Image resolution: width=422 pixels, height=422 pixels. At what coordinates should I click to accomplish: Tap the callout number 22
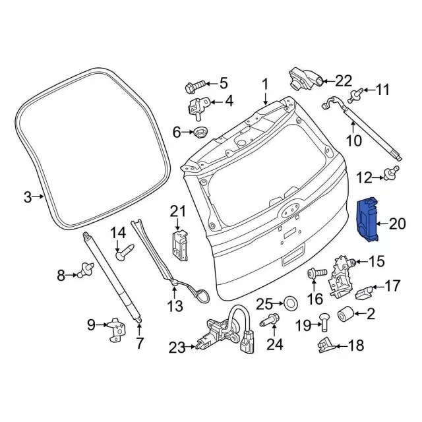pyautogui.click(x=344, y=80)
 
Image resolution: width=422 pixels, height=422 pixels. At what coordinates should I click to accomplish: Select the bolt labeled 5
pyautogui.click(x=195, y=86)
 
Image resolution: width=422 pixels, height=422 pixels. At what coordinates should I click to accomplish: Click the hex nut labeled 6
pyautogui.click(x=198, y=133)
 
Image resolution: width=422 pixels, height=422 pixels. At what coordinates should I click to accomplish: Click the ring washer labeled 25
pyautogui.click(x=291, y=303)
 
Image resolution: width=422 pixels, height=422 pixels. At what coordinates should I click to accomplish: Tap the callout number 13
pyautogui.click(x=175, y=306)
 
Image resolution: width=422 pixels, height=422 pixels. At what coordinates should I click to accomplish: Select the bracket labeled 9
pyautogui.click(x=117, y=330)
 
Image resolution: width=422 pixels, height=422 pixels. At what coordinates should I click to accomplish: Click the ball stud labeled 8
pyautogui.click(x=86, y=270)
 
